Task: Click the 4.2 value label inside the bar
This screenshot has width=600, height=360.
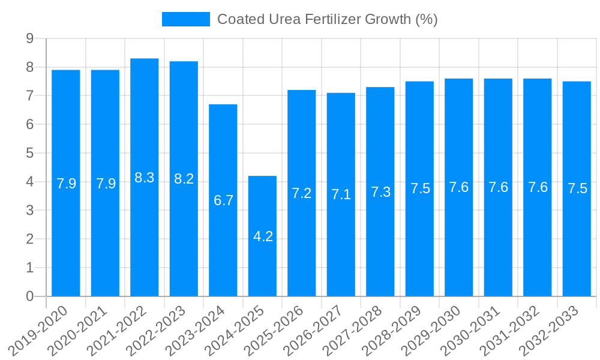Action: click(x=263, y=236)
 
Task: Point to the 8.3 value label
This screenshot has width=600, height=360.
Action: click(x=145, y=178)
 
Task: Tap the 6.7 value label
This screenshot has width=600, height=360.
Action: click(x=223, y=200)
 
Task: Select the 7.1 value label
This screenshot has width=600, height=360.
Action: click(x=341, y=194)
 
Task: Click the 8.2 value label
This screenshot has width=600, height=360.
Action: click(x=184, y=179)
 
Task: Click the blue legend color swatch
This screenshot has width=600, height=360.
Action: click(x=186, y=19)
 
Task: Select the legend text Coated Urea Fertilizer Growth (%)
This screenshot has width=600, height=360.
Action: click(x=327, y=19)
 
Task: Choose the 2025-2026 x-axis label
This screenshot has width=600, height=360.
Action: click(x=276, y=331)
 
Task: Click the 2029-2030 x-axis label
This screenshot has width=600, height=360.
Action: click(x=433, y=331)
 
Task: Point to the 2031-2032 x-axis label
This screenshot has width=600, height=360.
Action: click(x=512, y=331)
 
